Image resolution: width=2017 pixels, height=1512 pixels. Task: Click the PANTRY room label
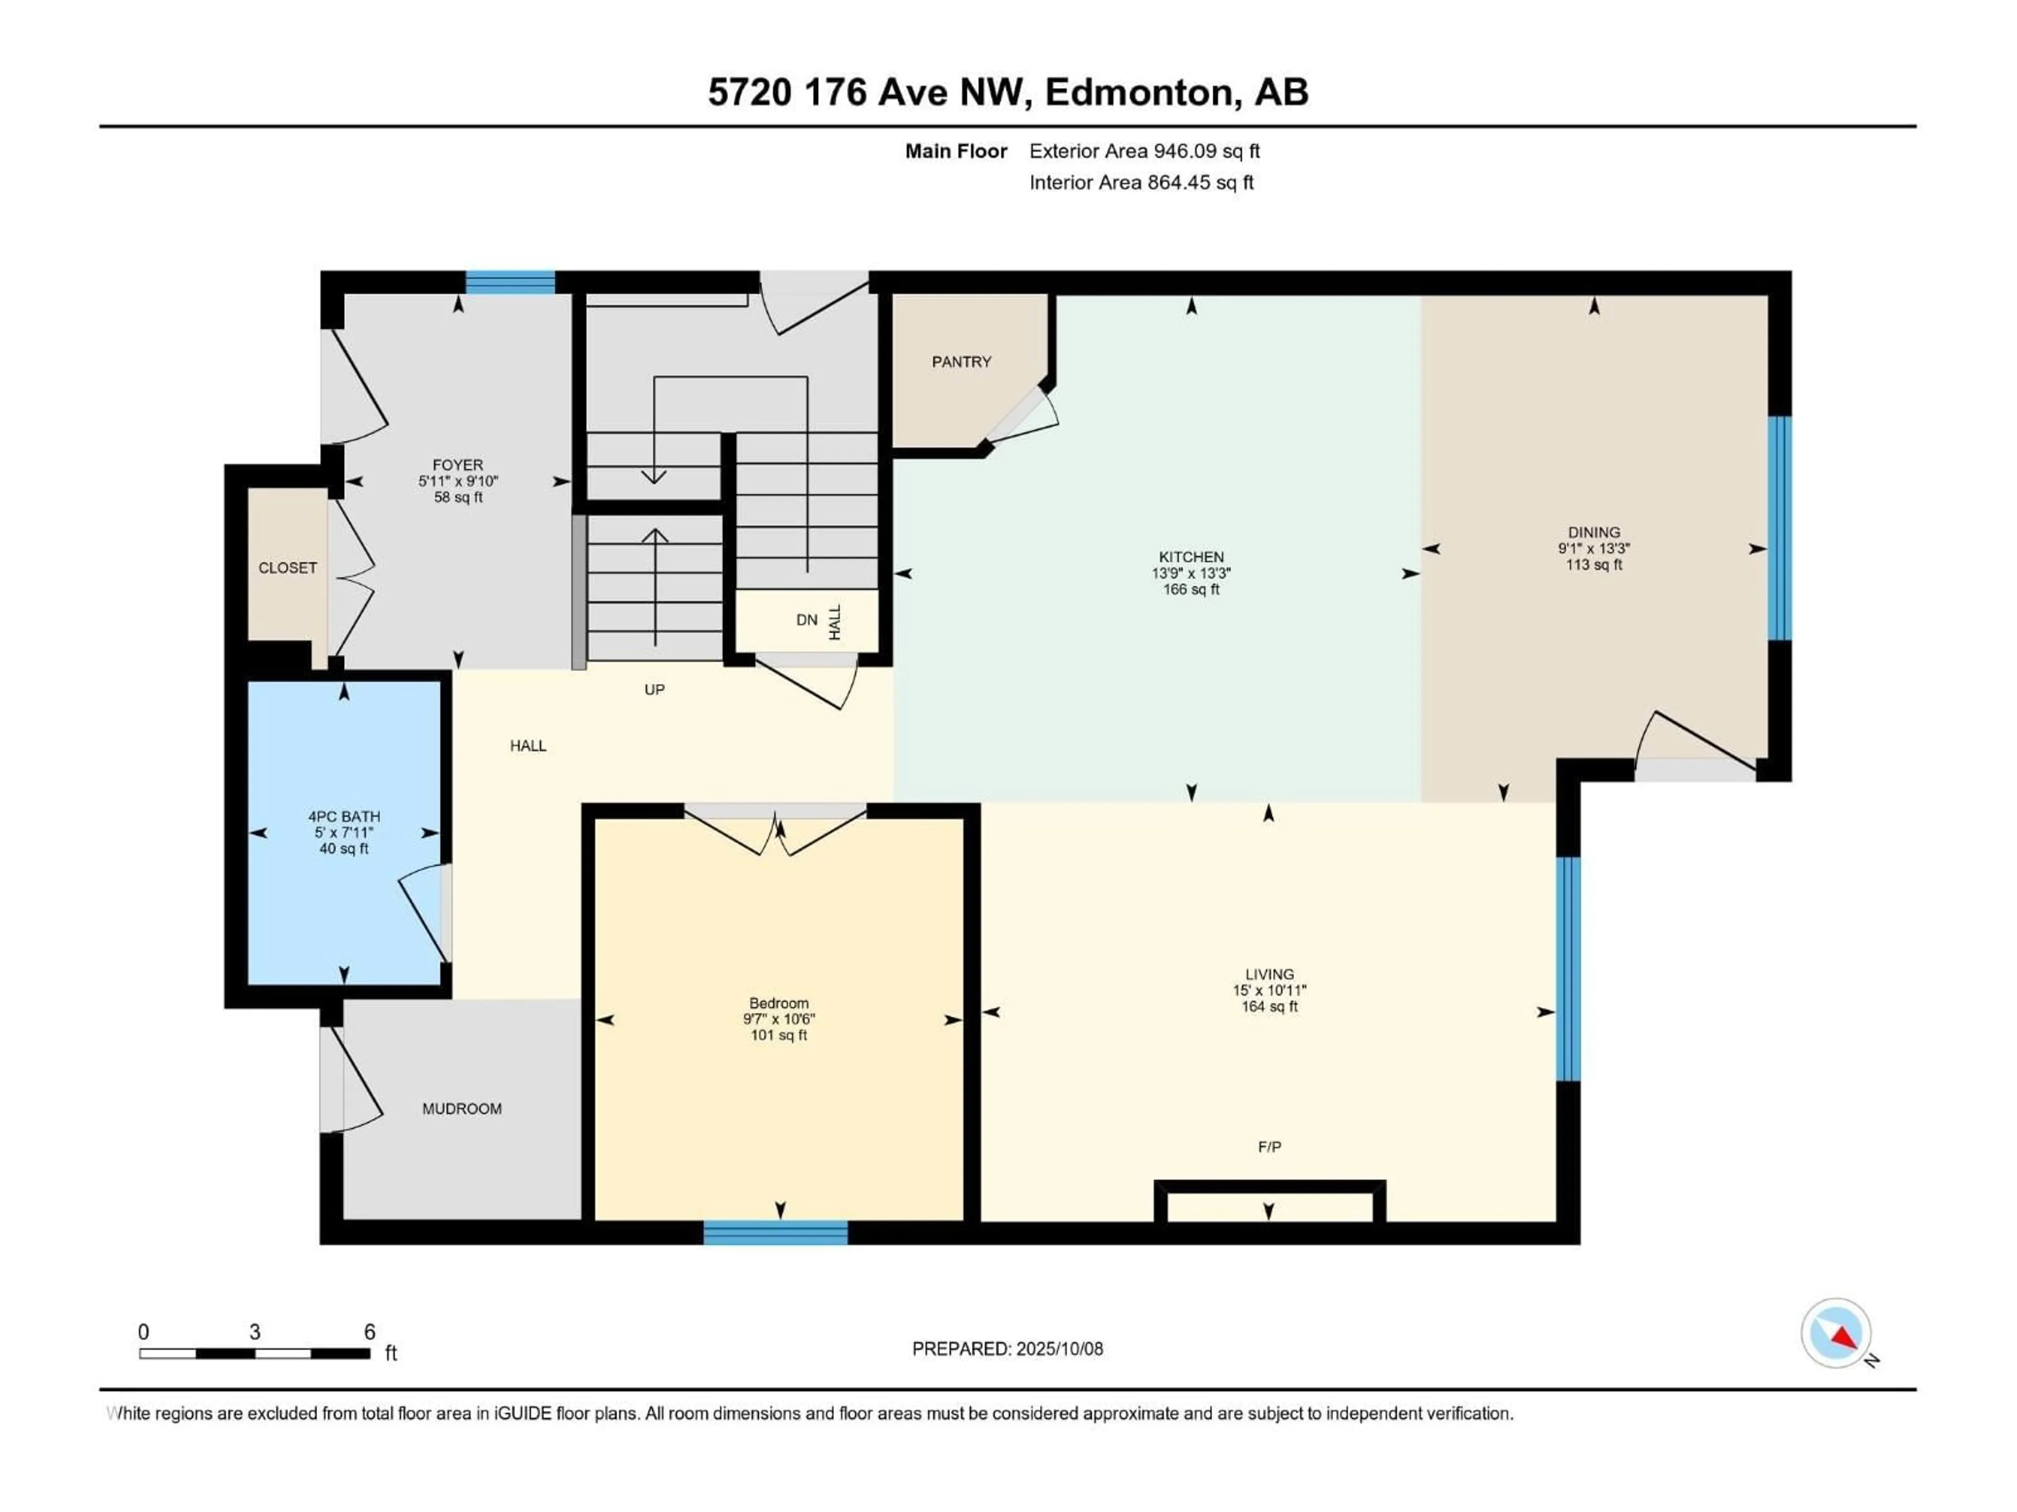961,362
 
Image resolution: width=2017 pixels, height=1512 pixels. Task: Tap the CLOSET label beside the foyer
287,568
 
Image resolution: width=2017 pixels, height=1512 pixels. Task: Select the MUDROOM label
461,1108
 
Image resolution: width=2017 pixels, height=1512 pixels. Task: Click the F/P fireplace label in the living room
1269,1147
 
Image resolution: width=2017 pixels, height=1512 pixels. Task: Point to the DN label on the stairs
806,619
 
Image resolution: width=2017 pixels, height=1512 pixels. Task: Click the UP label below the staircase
654,690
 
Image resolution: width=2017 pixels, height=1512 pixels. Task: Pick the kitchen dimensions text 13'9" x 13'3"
1191,573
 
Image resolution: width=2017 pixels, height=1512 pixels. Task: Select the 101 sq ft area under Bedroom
779,1035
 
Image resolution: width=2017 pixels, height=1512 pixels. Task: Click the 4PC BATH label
344,816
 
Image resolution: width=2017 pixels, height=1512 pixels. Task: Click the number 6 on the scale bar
369,1331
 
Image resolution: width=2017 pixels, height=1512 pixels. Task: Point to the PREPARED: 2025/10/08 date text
1007,1349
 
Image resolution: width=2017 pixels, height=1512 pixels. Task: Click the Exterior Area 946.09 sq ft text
1145,151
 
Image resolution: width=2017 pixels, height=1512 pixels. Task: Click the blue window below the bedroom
775,1233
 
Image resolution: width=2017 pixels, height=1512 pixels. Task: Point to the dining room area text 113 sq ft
1594,564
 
